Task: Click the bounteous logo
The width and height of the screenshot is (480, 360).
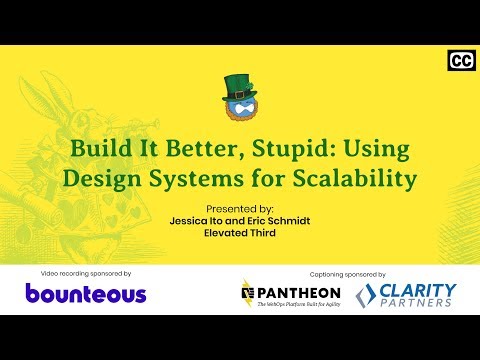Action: tap(86, 294)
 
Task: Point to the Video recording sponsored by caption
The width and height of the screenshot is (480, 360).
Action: tap(87, 272)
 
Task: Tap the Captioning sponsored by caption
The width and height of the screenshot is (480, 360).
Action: tap(345, 272)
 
